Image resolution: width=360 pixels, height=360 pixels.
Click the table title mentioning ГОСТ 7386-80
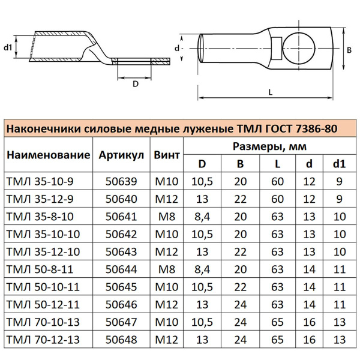pos(170,130)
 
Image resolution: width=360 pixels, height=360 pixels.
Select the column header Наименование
pos(48,155)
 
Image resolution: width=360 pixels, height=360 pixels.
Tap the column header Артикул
pos(122,155)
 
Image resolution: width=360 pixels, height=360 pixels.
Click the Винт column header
pos(167,155)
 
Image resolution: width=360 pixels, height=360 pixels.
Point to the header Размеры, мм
pos(268,146)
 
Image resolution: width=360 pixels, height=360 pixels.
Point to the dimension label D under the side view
pos(136,85)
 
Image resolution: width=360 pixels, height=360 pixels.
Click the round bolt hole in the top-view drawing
pos(298,47)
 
